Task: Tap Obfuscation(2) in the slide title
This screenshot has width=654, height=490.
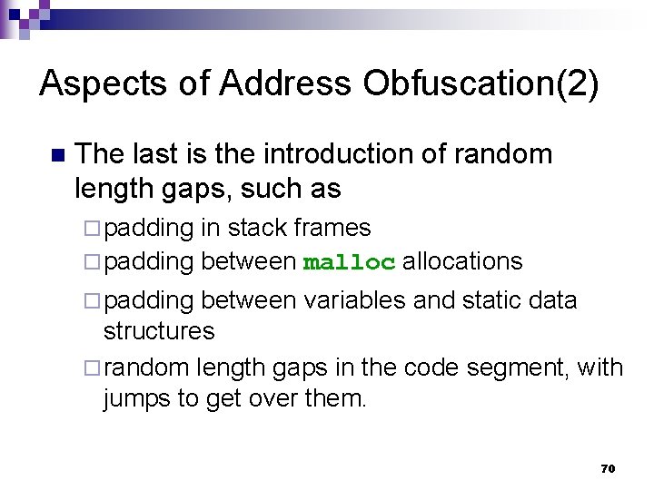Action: coord(481,83)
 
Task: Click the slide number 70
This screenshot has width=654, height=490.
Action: coord(608,468)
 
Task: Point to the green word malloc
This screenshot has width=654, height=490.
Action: coord(349,263)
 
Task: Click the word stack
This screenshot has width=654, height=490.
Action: coord(258,228)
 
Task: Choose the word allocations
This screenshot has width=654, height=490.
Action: coord(462,262)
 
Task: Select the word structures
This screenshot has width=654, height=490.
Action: coord(159,331)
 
